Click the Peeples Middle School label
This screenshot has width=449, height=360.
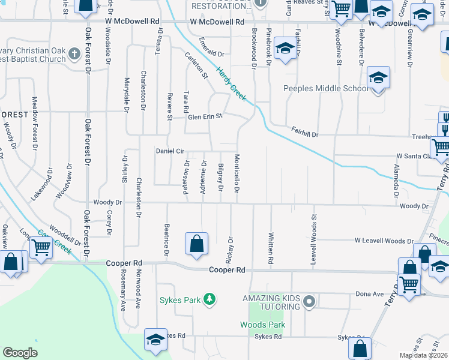click(325, 89)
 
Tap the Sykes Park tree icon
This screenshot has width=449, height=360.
click(209, 299)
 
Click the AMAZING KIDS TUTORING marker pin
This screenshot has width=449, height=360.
click(309, 301)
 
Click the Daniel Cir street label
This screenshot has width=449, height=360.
click(170, 151)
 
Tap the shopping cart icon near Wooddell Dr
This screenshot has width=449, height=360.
click(41, 247)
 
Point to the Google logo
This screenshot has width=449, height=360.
click(20, 353)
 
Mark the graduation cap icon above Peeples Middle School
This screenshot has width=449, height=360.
click(378, 78)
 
